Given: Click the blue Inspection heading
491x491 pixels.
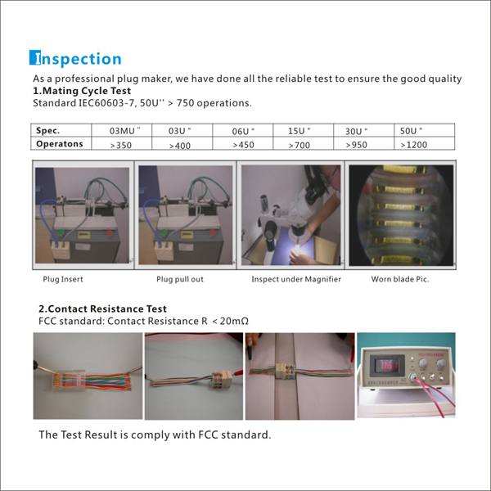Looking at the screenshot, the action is point(75,58).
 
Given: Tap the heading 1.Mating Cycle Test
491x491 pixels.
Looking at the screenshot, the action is point(82,91).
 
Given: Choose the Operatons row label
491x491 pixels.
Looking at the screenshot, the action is point(60,144).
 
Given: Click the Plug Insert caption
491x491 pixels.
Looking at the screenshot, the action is point(63,279).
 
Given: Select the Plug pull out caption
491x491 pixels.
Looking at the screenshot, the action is point(180,279).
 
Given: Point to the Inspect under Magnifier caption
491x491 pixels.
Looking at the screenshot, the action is point(296,279).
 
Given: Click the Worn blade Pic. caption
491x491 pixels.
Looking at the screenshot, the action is point(400,279).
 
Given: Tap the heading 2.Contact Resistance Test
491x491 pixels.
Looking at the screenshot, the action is point(102,309).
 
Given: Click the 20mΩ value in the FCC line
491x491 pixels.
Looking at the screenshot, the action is point(234,321).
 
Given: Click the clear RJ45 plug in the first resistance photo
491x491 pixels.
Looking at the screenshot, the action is point(68,380).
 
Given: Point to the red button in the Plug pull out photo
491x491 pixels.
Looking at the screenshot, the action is point(212,232).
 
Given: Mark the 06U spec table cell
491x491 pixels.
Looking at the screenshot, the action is point(243,131).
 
